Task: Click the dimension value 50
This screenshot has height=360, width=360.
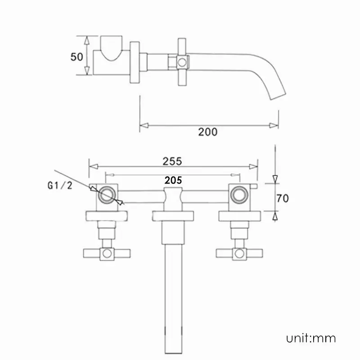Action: coord(76,57)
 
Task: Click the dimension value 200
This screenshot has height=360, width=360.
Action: coord(208,132)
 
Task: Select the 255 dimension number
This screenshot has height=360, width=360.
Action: coord(172,161)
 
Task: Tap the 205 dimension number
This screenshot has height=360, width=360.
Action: coord(173,180)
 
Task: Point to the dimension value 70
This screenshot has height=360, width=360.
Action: coord(283,198)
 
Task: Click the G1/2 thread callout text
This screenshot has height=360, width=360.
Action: coord(60,185)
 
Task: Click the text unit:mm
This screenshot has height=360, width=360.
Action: coord(311,339)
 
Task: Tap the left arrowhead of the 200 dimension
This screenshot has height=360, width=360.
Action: coord(144,126)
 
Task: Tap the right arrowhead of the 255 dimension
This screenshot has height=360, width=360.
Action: coord(253,166)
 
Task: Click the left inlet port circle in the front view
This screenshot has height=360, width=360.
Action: coord(107,195)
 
